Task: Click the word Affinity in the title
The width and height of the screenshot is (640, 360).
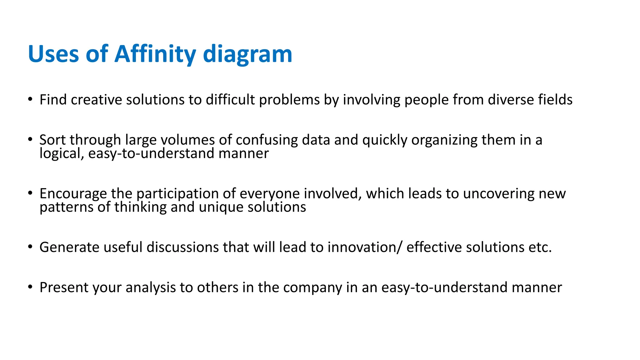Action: tap(155, 54)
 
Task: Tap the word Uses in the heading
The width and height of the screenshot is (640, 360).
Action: tap(53, 54)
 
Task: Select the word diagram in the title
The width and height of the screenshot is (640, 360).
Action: tap(247, 54)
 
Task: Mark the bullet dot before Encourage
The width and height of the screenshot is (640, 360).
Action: tap(30, 193)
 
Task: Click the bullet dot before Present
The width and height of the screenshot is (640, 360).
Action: tap(30, 287)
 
